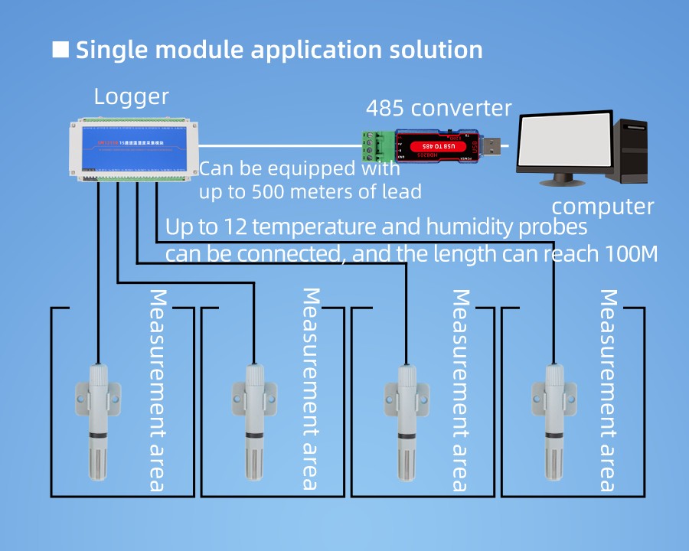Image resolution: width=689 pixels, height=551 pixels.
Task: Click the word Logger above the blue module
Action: (131, 97)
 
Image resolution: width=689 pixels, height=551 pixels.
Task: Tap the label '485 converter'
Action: (439, 108)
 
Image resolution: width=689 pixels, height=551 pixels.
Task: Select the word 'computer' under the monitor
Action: (602, 207)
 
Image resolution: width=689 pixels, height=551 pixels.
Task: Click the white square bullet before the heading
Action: (60, 50)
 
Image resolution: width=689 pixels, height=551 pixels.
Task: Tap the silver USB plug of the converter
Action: (494, 145)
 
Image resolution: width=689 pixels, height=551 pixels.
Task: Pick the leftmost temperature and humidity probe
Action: (97, 421)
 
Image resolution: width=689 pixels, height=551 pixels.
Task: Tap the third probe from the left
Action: (404, 421)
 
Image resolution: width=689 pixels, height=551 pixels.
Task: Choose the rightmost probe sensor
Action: (554, 421)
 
